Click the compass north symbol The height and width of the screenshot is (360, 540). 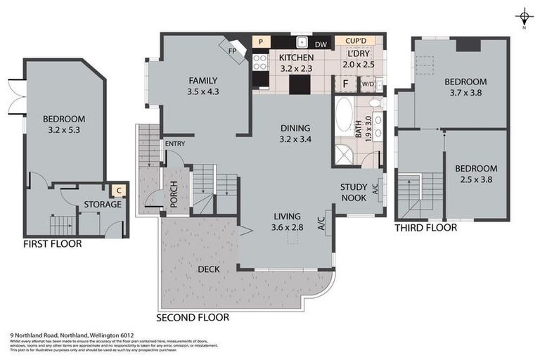click(524, 17)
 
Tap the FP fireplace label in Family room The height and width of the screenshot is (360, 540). click(233, 51)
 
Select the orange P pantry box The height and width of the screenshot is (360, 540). click(261, 42)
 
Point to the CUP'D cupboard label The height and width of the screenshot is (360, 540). click(349, 41)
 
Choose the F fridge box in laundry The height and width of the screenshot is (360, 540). click(345, 84)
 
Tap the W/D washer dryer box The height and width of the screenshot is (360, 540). click(368, 84)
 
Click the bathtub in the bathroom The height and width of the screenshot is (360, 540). click(345, 115)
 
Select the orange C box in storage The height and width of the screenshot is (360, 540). click(120, 189)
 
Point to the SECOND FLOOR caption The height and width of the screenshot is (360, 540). click(192, 317)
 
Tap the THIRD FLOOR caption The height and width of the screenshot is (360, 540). click(425, 228)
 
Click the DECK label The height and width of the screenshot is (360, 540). click(209, 269)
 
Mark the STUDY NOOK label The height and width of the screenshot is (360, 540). click(354, 192)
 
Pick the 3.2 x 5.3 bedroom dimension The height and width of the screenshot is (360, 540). click(63, 129)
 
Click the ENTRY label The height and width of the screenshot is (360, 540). click(174, 144)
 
